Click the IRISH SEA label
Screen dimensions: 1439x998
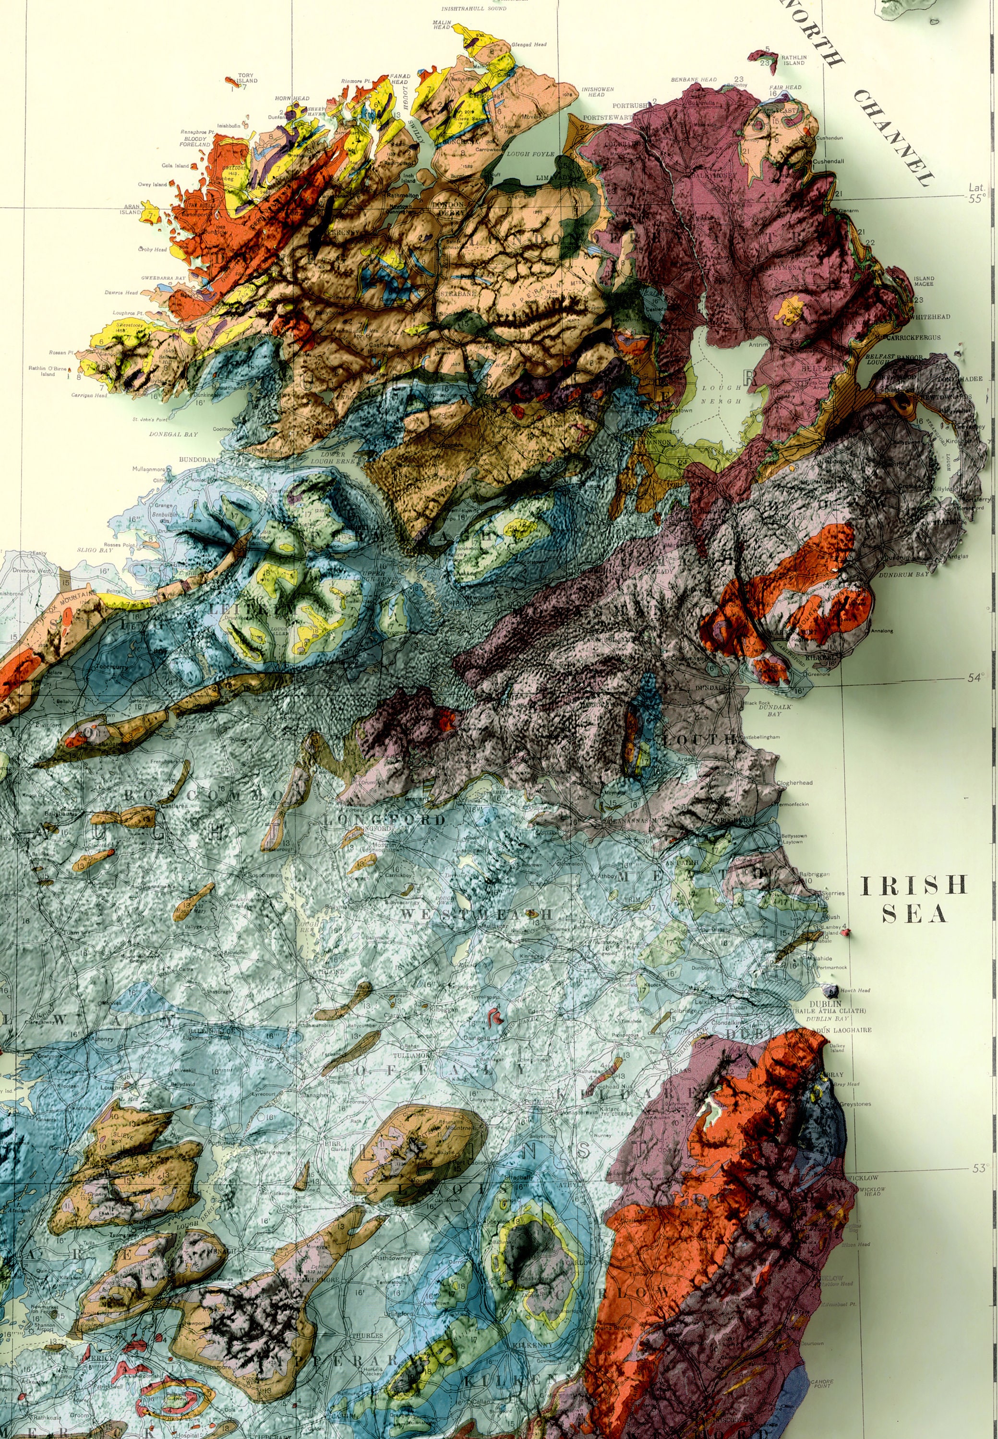coord(914,898)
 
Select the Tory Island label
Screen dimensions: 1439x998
coord(246,78)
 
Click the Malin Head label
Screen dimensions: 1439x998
coord(442,24)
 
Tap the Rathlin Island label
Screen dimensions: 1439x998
coord(794,60)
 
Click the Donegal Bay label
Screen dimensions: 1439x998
coord(173,434)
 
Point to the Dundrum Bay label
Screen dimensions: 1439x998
coord(903,574)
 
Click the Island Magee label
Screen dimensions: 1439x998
coord(924,281)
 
